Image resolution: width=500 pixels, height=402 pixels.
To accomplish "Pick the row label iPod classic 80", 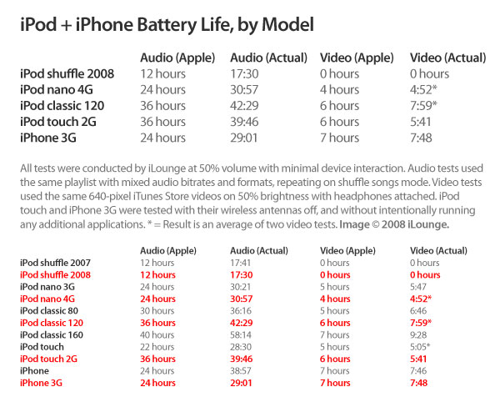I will (49, 310).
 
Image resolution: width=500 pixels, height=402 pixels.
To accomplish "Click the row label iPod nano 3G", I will (47, 286).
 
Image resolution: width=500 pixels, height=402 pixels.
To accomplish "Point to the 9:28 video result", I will (421, 334).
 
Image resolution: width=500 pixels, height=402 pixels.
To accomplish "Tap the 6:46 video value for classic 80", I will (421, 310).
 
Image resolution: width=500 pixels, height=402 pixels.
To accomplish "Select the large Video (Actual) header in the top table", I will (448, 58).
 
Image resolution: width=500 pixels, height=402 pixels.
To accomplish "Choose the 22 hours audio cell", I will (157, 346).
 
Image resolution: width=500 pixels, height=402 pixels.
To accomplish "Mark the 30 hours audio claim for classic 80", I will (157, 310).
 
